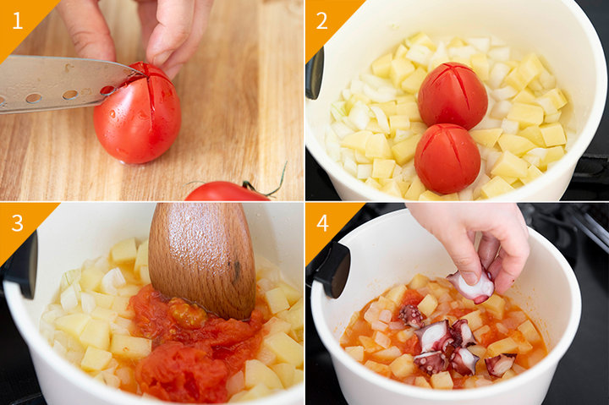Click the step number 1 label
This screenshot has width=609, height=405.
tap(17, 20)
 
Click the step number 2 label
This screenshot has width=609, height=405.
tap(321, 20)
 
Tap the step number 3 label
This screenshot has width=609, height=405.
tap(18, 223)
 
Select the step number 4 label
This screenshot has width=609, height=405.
tap(322, 223)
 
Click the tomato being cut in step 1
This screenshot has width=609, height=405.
tap(137, 114)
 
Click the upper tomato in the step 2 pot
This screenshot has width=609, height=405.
tap(453, 96)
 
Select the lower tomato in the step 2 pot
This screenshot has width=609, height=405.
tap(447, 158)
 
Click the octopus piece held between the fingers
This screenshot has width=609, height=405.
tap(472, 286)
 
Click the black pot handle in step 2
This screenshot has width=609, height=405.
tap(315, 74)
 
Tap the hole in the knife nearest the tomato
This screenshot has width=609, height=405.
tap(107, 90)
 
